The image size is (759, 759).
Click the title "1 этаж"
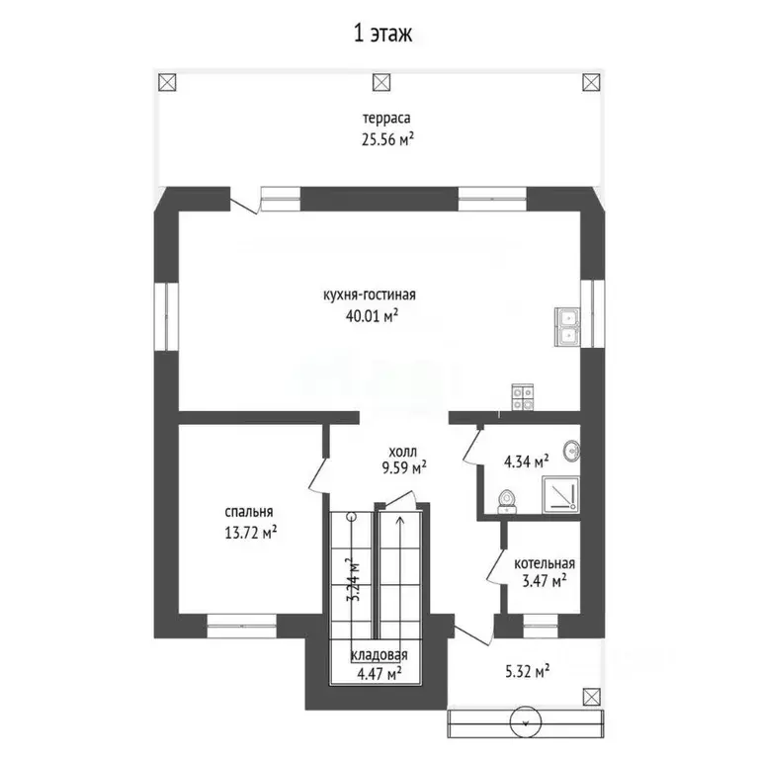click(381, 33)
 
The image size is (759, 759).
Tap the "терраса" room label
click(386, 120)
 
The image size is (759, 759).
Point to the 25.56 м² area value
click(386, 139)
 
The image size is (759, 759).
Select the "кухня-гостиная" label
click(370, 295)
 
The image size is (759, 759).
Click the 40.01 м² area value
click(370, 315)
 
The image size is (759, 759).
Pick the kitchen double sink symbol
click(569, 327)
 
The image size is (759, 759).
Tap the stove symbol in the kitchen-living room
click(523, 396)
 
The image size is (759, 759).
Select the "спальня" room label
click(249, 512)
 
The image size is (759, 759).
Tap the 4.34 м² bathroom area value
click(527, 461)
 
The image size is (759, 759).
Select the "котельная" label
click(544, 563)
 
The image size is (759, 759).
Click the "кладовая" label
click(379, 655)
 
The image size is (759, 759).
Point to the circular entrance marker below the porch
click(525, 724)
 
